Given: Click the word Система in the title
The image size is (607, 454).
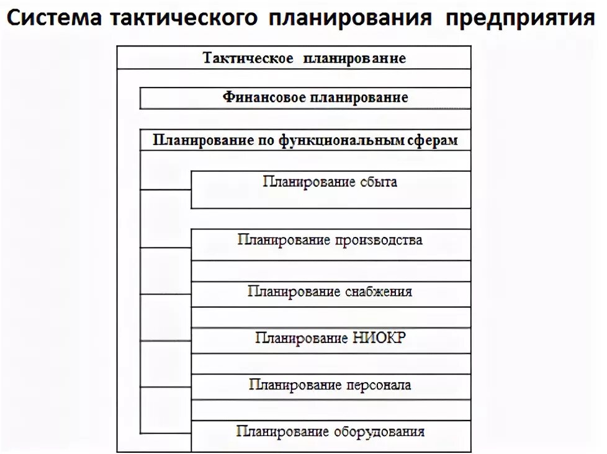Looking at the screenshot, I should point(53,18).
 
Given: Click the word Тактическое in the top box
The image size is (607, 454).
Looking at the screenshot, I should point(248,58).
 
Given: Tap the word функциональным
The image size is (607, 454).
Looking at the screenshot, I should point(341,140).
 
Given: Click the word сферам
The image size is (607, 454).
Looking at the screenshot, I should point(433,140).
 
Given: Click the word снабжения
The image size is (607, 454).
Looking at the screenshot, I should point(377,291).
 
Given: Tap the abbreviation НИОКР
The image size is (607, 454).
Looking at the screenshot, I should point(377,338).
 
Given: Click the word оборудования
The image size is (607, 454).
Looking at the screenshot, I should point(379,432).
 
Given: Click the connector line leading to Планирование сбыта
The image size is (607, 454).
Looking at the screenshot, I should point(166,189).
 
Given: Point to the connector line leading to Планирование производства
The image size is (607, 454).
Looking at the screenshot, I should point(166,247).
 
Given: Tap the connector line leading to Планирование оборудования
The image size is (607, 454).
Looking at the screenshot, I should point(166,432).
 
